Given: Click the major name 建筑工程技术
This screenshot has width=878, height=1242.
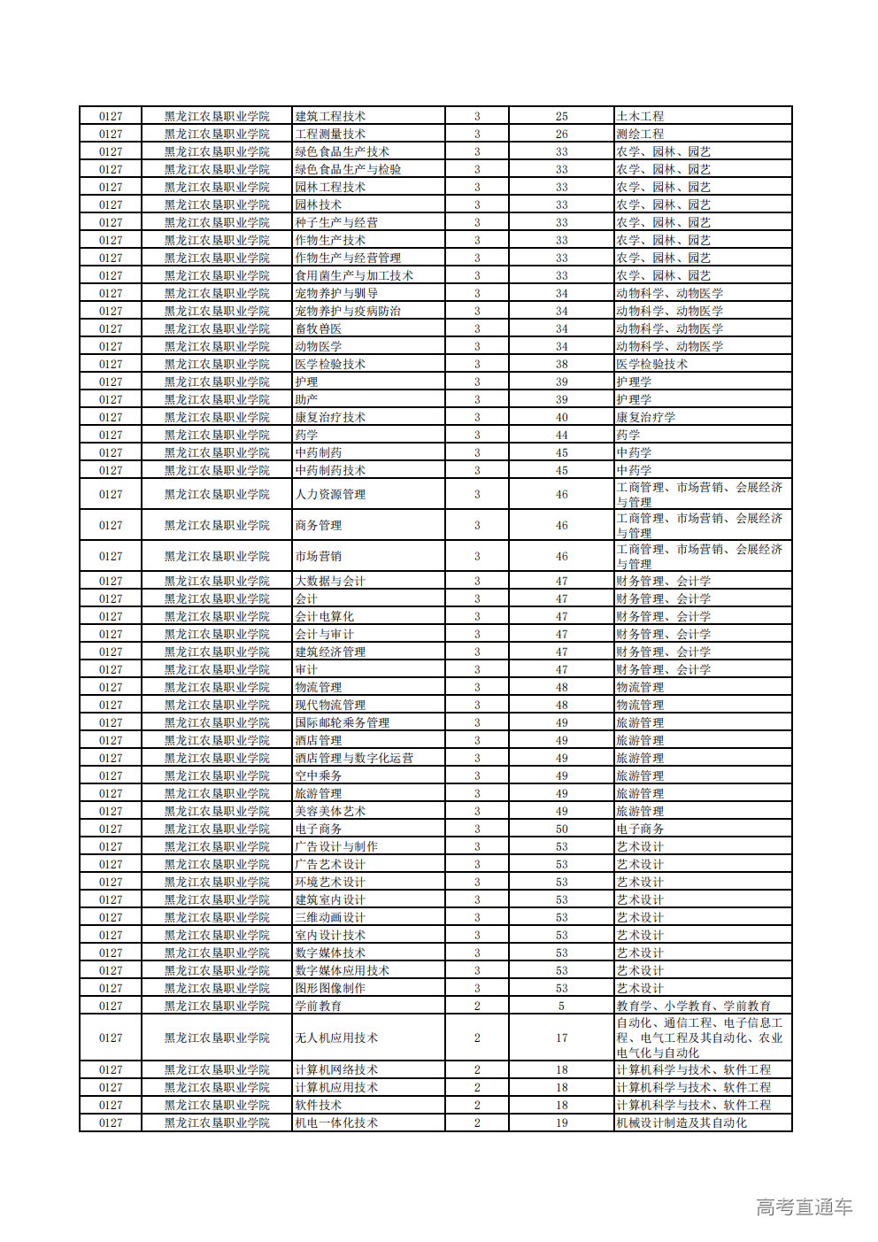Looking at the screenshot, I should click(x=330, y=116).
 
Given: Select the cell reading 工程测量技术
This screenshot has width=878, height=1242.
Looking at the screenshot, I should click(x=330, y=134).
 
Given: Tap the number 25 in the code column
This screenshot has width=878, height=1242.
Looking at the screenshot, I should click(x=561, y=116).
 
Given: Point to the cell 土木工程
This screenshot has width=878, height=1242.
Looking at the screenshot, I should click(x=640, y=116).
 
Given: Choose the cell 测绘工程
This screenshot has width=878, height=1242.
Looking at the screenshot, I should click(x=640, y=134).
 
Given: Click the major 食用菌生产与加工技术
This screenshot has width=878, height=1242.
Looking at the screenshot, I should click(x=354, y=275).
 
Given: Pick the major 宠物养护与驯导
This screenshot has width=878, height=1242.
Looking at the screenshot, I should click(x=336, y=293).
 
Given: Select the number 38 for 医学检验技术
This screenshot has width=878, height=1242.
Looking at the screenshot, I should click(x=561, y=364).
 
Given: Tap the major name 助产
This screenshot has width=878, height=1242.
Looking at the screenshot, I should click(x=306, y=399).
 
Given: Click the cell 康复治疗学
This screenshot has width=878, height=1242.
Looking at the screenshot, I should click(x=646, y=417).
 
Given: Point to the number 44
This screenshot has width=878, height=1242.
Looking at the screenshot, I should click(x=561, y=435).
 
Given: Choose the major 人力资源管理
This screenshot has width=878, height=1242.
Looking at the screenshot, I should click(x=330, y=494).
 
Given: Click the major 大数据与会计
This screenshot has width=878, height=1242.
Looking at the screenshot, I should click(x=330, y=581).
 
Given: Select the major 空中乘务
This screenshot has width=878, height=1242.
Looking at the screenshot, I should click(x=319, y=775).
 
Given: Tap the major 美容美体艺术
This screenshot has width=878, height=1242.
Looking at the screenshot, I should click(x=330, y=811).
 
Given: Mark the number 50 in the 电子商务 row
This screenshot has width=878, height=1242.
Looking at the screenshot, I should click(x=561, y=829).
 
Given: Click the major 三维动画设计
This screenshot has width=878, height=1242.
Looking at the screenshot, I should click(x=330, y=917).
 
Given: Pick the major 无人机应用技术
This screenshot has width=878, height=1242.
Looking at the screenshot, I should click(x=336, y=1038).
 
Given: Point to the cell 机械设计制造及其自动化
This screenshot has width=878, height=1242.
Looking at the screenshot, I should click(x=682, y=1122).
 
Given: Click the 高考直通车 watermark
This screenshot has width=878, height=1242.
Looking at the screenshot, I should click(x=804, y=1207).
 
